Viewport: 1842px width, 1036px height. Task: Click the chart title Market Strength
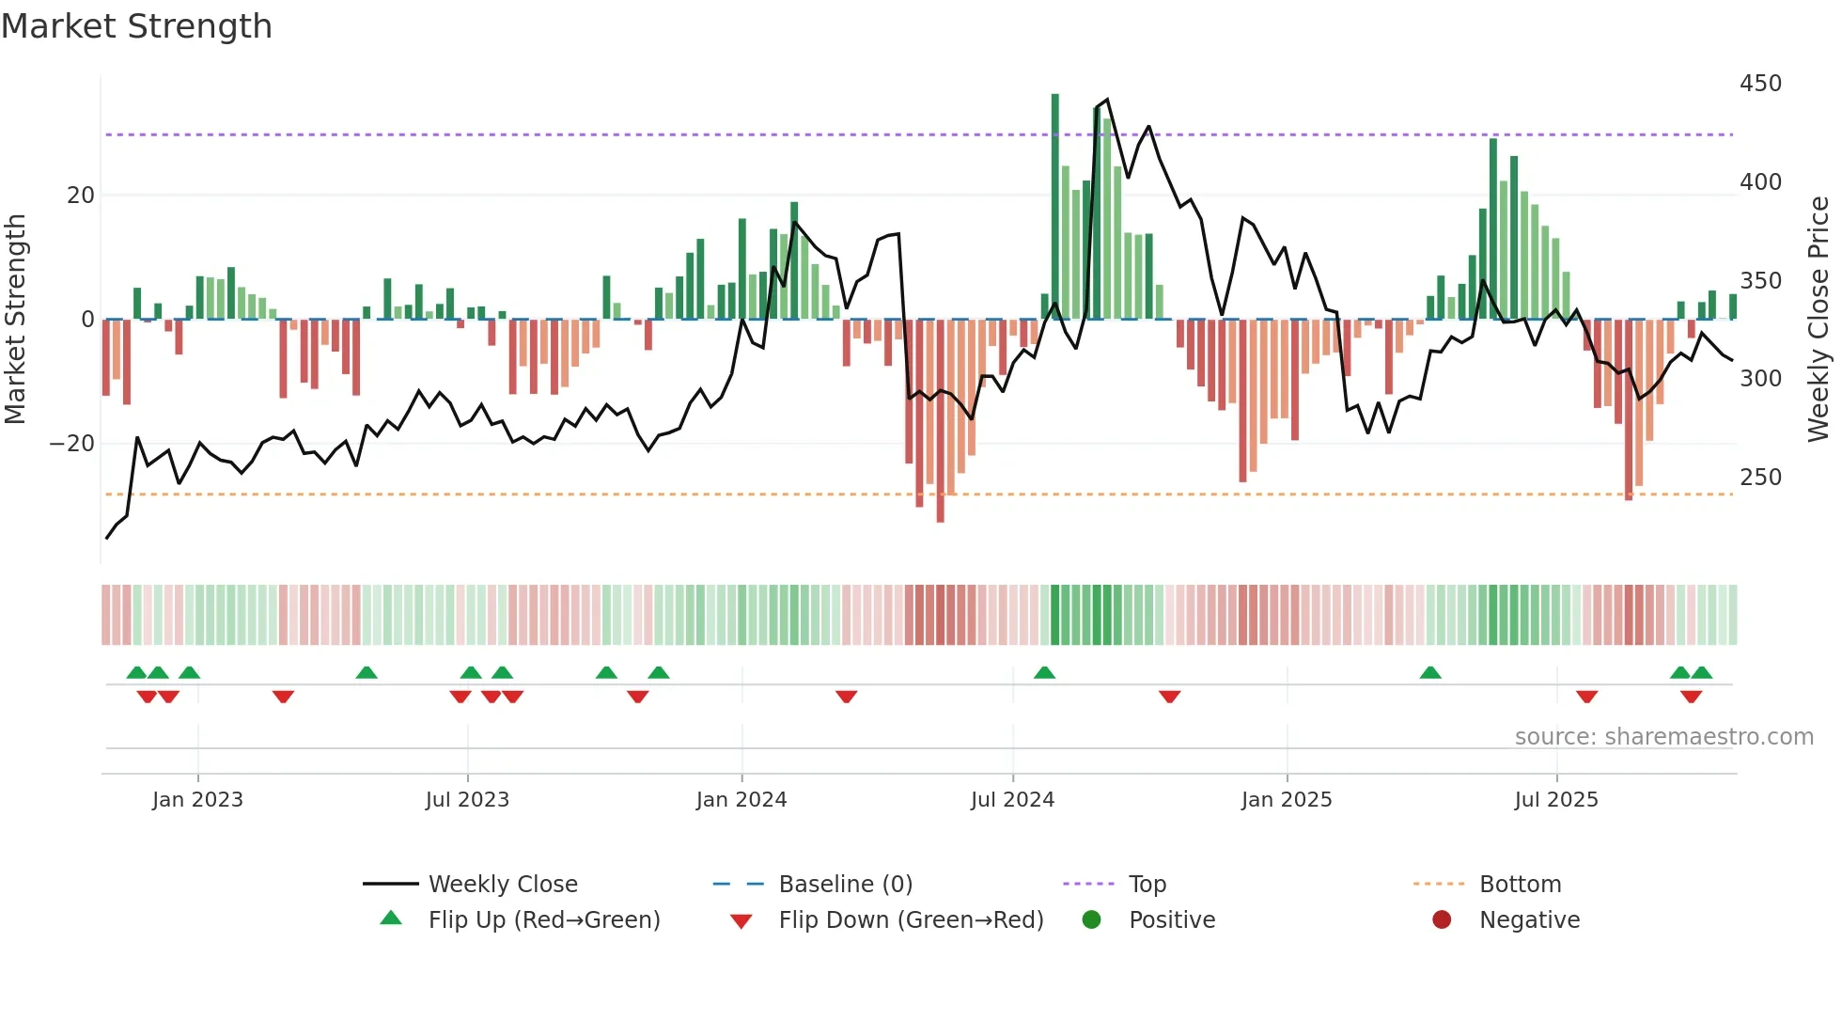pos(136,26)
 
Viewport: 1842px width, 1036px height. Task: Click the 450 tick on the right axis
pos(1759,84)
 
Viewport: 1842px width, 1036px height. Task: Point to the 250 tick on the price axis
pos(1759,478)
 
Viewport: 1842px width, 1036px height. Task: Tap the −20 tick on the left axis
pos(72,444)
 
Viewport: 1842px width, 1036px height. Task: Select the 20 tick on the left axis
pos(81,196)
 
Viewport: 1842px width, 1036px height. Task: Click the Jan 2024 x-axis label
pos(741,800)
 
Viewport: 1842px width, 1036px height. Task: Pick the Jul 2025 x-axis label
pos(1555,800)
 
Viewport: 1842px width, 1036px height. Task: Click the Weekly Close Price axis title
pos(1819,320)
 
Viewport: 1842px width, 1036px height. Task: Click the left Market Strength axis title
pos(15,320)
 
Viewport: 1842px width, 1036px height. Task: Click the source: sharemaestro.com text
pos(1663,737)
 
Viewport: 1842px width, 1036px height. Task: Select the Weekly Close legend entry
pos(502,885)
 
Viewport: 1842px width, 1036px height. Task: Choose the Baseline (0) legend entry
pos(845,885)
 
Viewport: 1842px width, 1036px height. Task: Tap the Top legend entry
pos(1147,885)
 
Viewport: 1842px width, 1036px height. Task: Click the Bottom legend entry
pos(1520,885)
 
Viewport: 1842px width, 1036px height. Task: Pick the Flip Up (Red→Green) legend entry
pos(543,920)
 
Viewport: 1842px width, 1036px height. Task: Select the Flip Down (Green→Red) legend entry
pos(910,920)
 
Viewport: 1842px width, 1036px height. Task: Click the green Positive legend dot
pos(1091,919)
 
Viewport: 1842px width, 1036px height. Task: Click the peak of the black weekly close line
pos(1107,100)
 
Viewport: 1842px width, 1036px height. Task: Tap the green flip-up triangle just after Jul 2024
pos(1044,673)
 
